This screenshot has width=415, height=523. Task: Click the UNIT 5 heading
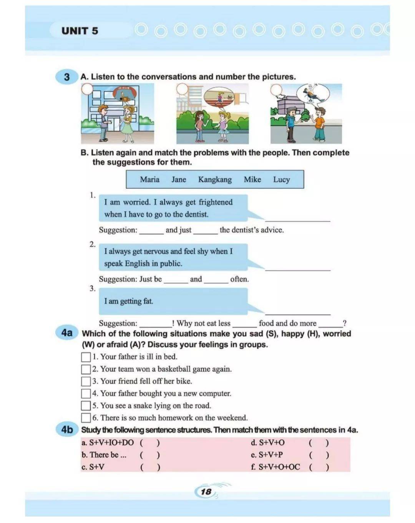(80, 31)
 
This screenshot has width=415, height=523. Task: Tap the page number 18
(206, 491)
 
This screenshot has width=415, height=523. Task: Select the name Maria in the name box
(149, 179)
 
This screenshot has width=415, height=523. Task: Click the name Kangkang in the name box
(215, 179)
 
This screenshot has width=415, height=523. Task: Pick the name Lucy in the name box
(281, 179)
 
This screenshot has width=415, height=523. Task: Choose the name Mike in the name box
(252, 179)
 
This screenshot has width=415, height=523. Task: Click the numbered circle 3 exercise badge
(67, 77)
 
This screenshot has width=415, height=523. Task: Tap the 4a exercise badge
(67, 333)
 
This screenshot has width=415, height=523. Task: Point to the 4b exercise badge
(67, 430)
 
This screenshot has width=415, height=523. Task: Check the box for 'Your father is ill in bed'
(86, 357)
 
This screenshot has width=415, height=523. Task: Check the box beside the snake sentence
(86, 406)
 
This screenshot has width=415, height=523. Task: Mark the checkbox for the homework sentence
(86, 418)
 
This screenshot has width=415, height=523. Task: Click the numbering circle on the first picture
(88, 89)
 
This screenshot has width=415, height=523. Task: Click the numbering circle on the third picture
(276, 90)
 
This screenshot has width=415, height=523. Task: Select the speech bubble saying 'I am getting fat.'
(173, 301)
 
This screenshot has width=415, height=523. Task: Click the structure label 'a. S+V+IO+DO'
(108, 443)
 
